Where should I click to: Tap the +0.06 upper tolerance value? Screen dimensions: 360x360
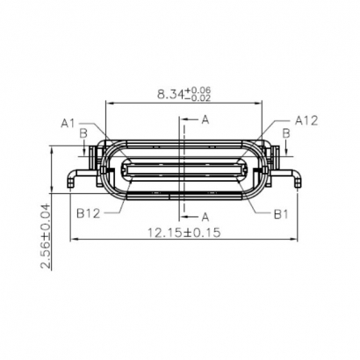click(x=201, y=89)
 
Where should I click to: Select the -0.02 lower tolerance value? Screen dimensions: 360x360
click(x=201, y=97)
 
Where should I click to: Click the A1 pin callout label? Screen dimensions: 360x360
click(x=68, y=123)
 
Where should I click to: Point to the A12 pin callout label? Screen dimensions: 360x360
click(x=305, y=119)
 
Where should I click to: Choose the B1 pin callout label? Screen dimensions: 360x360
click(x=280, y=212)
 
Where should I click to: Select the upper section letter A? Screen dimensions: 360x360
click(x=205, y=119)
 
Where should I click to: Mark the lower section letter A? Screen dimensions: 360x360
click(x=205, y=215)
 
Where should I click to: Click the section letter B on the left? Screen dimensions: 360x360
click(x=83, y=133)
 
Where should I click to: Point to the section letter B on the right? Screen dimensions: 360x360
click(x=286, y=133)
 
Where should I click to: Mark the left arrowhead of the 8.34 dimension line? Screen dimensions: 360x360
click(x=108, y=103)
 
